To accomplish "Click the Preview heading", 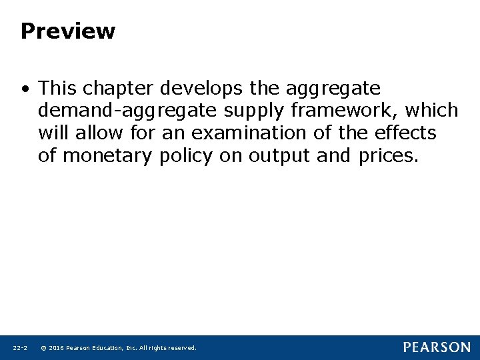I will [67, 31].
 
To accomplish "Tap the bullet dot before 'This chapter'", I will [25, 89].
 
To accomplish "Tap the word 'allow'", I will [100, 133].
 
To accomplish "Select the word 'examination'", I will [248, 133].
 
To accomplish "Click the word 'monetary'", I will [109, 156].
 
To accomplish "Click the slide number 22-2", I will [19, 348].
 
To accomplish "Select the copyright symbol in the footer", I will [43, 348].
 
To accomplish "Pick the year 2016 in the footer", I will [55, 348].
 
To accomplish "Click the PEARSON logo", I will [436, 347].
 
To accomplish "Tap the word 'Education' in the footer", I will [109, 348].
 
